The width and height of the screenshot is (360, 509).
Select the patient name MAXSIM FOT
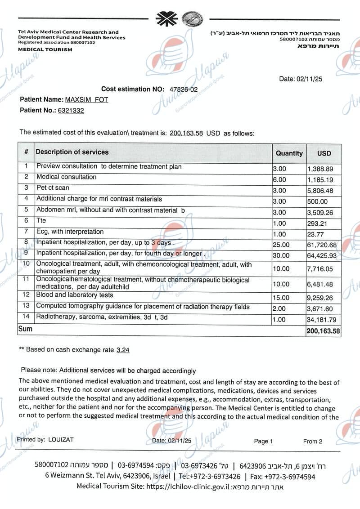[86, 99]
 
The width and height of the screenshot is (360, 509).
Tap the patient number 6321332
[71, 110]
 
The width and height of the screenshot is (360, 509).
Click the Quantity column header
[289, 153]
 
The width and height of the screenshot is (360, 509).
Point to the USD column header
[324, 153]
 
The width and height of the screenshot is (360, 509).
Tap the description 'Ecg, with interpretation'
[70, 232]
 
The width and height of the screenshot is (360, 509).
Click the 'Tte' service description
[41, 221]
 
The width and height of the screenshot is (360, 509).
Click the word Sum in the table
[25, 329]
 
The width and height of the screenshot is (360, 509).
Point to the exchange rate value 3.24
[123, 350]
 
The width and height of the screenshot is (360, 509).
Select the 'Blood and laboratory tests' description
[75, 295]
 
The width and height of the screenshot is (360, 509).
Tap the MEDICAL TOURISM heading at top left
[45, 49]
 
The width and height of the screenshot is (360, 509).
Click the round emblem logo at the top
[192, 19]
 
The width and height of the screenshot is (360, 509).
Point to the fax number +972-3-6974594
[291, 476]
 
